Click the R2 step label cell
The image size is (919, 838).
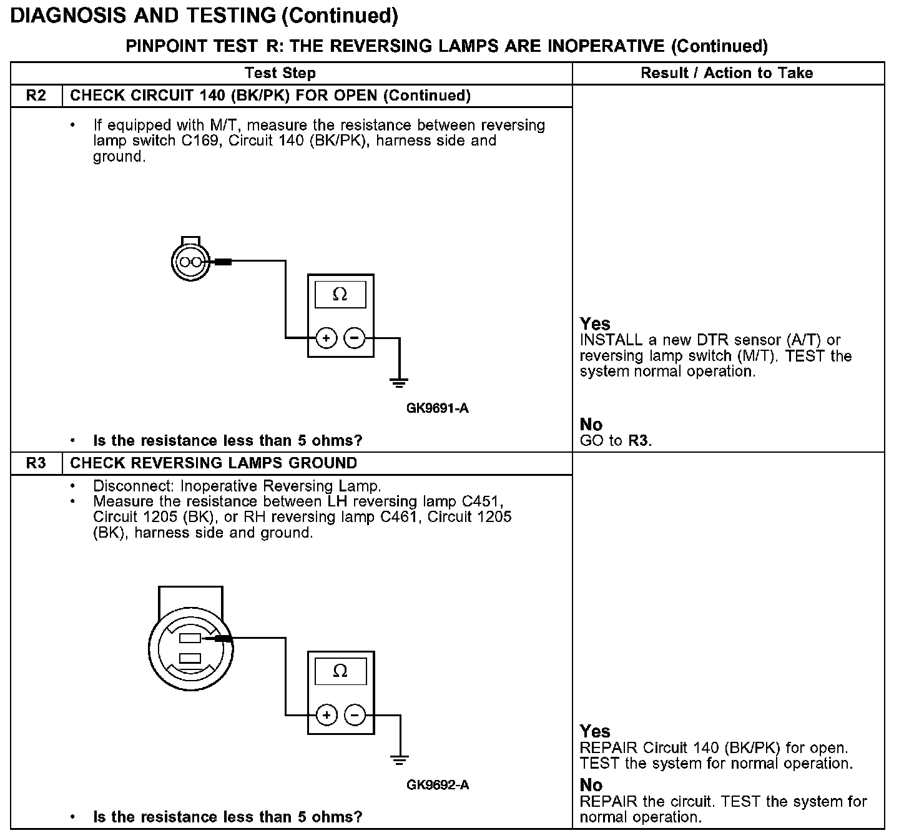click(36, 96)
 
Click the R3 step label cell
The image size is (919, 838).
click(36, 463)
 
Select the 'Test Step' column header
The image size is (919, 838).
click(280, 73)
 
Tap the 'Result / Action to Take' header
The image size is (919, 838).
click(727, 73)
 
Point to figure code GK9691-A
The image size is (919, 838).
click(437, 408)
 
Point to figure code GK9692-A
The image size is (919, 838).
click(437, 785)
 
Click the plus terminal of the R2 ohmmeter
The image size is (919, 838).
click(326, 338)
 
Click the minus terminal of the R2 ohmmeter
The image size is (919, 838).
click(355, 338)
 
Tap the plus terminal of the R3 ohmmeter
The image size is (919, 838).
click(326, 715)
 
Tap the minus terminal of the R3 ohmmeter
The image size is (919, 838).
click(355, 715)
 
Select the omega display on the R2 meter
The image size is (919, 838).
click(340, 294)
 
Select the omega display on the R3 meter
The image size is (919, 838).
click(340, 671)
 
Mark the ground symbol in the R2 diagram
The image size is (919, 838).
click(400, 382)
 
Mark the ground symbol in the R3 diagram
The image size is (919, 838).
click(400, 759)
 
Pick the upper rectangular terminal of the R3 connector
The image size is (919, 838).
click(190, 638)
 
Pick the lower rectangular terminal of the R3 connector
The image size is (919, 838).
click(190, 658)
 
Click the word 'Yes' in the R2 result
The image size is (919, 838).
click(595, 323)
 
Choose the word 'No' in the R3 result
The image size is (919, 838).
click(591, 785)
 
